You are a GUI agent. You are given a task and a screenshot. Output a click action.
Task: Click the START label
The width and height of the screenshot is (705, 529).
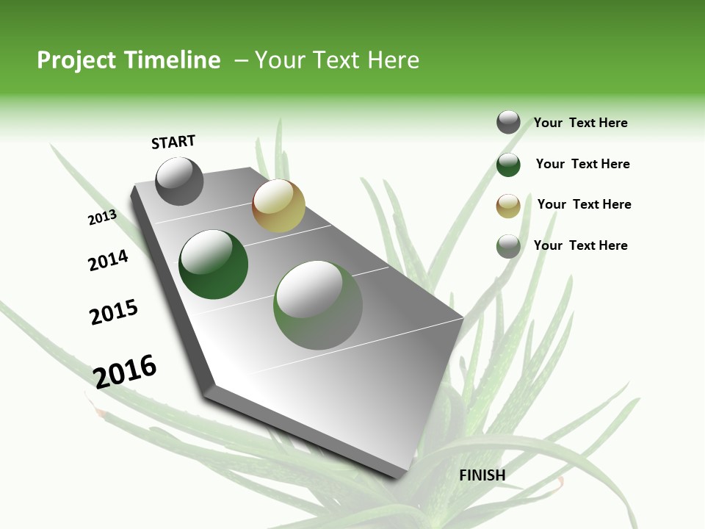pos(173,142)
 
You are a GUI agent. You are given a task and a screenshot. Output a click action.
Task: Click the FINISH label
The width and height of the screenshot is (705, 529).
pos(482,475)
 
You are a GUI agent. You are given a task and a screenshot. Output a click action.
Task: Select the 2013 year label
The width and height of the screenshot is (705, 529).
pos(102,217)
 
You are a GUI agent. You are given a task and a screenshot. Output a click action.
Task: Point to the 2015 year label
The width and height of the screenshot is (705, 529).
pos(114,312)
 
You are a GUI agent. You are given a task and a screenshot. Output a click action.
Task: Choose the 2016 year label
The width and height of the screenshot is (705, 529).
pos(125,371)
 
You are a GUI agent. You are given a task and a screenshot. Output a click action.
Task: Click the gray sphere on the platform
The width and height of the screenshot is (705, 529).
pos(179,181)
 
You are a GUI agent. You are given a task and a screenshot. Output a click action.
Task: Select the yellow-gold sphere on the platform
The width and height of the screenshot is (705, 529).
pos(278,206)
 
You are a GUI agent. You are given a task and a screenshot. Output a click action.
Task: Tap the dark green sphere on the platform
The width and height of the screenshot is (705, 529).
pos(213,264)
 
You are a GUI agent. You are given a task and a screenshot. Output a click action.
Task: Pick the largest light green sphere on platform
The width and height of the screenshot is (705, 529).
pos(318,305)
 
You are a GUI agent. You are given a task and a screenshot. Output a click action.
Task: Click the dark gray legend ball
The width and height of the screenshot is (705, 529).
pos(508,122)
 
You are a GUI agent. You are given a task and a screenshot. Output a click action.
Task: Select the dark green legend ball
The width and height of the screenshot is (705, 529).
pos(508,165)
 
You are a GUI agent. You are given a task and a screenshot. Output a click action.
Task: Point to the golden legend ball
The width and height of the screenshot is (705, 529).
pos(508,206)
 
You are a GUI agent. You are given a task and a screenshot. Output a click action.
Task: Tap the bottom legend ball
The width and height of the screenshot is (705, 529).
pos(508,246)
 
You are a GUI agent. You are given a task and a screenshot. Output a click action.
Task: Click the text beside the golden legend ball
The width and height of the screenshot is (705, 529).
pos(584,204)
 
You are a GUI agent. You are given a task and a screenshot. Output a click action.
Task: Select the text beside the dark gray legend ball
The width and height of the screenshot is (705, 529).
pos(580,123)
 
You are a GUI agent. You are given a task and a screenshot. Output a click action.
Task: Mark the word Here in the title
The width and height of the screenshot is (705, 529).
pos(393,60)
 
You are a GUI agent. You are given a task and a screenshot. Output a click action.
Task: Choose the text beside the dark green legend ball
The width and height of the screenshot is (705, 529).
pos(582,164)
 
